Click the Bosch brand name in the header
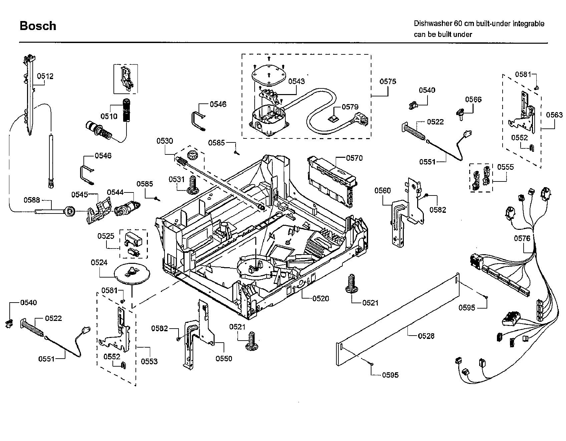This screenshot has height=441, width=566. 38,26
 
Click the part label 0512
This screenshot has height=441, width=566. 45,76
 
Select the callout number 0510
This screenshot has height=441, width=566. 109,116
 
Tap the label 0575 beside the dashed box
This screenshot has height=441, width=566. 388,81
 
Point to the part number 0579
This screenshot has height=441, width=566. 350,107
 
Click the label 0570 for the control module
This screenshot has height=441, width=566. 354,158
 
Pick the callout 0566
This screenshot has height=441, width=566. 473,99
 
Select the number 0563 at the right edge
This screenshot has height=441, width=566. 554,115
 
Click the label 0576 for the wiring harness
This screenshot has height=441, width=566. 522,238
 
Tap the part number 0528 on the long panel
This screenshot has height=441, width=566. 426,336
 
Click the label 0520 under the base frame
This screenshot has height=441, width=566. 321,299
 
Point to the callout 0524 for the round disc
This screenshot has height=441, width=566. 99,263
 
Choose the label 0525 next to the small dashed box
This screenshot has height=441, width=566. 106,236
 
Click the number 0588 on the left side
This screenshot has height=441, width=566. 32,200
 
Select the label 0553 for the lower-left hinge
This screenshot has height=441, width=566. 149,362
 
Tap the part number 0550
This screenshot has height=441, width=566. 224,359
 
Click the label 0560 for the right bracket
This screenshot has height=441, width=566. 382,190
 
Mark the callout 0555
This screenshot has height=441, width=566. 505,167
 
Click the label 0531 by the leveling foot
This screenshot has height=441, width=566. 177,179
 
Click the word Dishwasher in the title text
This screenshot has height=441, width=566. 433,24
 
